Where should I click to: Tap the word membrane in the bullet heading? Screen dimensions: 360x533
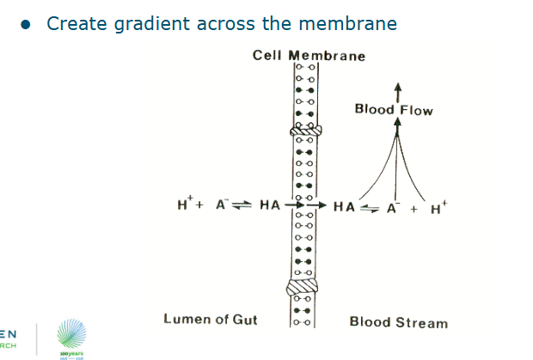click(348, 23)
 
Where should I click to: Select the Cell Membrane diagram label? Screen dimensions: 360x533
click(309, 56)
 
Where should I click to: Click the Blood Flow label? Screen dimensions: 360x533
click(394, 110)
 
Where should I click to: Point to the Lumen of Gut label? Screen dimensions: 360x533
click(211, 320)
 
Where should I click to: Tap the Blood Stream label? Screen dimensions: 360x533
click(398, 323)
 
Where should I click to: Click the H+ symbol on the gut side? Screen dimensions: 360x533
click(185, 204)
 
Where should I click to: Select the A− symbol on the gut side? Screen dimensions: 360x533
click(221, 204)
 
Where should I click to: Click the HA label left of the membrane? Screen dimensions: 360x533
click(270, 205)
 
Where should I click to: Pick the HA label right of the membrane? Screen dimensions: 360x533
click(344, 206)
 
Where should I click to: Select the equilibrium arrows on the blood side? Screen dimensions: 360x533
click(370, 207)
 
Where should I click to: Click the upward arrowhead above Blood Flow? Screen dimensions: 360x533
click(397, 88)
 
